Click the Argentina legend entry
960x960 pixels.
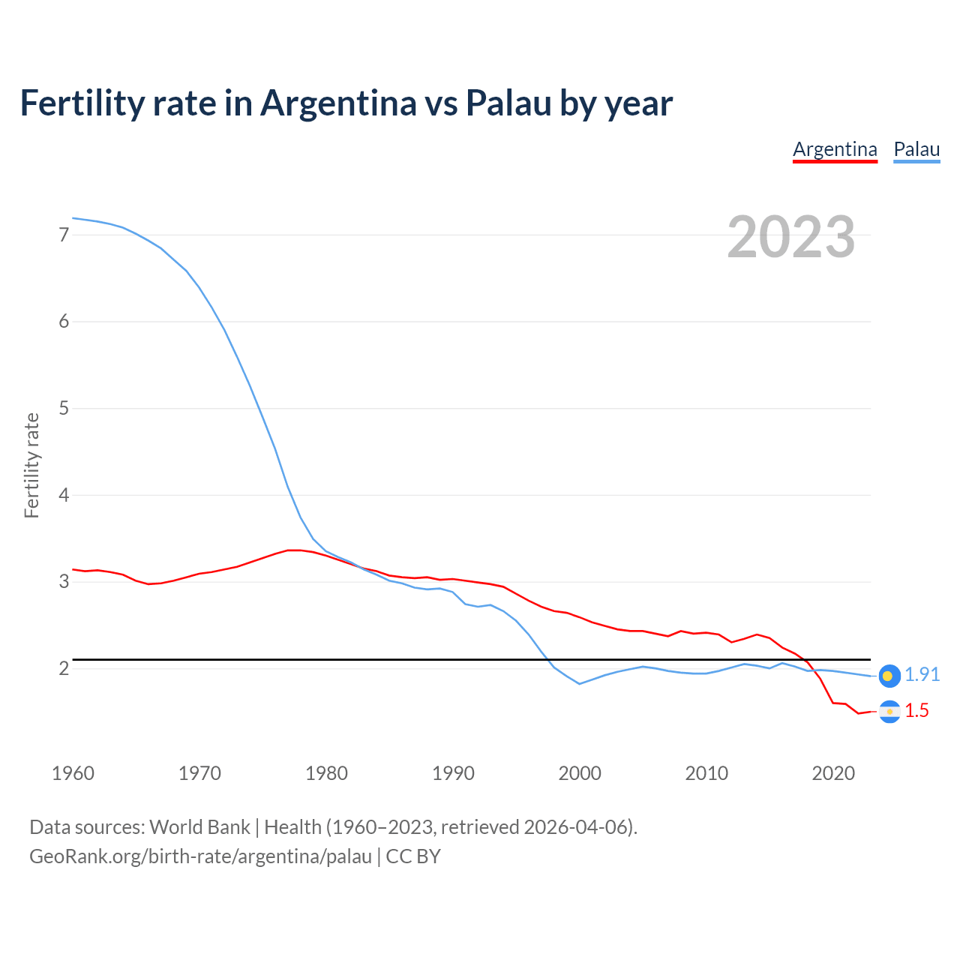coord(835,149)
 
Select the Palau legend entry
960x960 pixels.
coord(916,149)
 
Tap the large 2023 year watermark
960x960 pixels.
coord(790,237)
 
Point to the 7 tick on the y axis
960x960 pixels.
coord(64,235)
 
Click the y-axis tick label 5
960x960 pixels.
coord(64,409)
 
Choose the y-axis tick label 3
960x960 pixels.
coord(64,582)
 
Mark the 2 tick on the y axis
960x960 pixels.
coord(64,668)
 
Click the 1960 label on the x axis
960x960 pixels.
coord(73,773)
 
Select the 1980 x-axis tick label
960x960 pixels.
coord(326,773)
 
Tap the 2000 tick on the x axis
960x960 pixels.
coord(580,773)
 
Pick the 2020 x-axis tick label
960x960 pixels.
coord(833,773)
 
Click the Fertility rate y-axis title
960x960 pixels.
coord(31,465)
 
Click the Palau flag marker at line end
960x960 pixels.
coord(889,676)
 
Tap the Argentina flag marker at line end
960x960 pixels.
coord(889,711)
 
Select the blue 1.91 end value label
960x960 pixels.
coord(922,675)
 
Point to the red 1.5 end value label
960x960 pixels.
coord(916,711)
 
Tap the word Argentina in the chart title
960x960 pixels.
coord(339,103)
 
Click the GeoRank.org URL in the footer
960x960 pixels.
coord(200,856)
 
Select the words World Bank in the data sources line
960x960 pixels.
coord(199,827)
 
